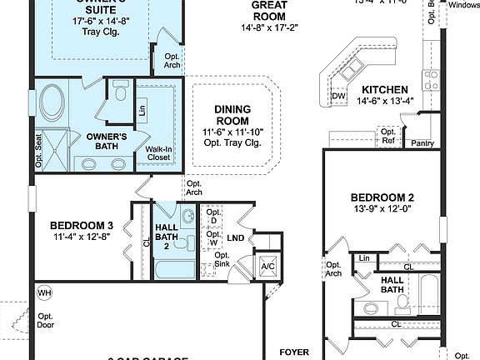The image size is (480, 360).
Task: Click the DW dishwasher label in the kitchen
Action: click(338, 96)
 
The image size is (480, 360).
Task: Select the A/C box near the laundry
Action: click(268, 267)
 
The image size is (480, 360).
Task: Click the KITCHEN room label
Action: click(384, 90)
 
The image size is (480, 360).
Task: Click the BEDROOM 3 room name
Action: click(82, 225)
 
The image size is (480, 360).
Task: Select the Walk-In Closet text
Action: click(159, 152)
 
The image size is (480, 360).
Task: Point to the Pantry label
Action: click(422, 143)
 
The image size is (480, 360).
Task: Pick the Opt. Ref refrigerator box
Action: click(387, 136)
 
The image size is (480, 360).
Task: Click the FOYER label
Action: click(294, 352)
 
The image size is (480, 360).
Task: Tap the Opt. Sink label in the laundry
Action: click(222, 260)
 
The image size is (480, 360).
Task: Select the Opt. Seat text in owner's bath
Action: click(38, 150)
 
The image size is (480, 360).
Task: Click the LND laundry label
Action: click(236, 238)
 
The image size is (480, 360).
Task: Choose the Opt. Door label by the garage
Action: click(45, 321)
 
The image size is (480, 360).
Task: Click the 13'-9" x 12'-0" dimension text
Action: click(382, 208)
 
